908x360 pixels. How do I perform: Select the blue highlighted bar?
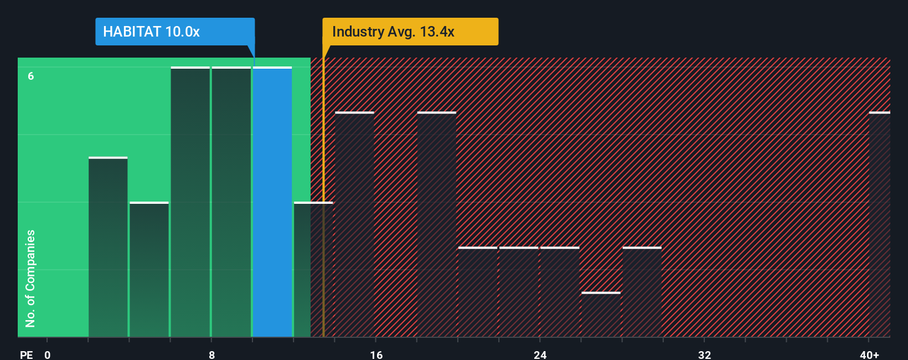[272, 202]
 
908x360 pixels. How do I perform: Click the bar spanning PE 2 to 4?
[108, 248]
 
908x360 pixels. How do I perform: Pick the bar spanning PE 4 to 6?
[149, 270]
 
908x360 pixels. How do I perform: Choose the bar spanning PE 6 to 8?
[190, 202]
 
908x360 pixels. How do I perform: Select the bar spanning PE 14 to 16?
[355, 225]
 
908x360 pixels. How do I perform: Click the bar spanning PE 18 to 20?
[437, 225]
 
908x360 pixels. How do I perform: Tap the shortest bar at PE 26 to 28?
[601, 315]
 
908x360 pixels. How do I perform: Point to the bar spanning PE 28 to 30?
[642, 292]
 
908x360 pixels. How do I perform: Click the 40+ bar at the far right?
[879, 225]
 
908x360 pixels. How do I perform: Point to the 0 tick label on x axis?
[48, 355]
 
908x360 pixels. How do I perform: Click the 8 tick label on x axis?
[211, 355]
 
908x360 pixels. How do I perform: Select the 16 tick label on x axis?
[376, 355]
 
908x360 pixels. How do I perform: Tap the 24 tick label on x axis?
[540, 355]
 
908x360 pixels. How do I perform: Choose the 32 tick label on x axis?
[704, 355]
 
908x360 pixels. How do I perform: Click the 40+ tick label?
[869, 355]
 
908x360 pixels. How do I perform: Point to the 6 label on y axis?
[31, 76]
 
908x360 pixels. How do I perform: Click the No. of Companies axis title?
[30, 279]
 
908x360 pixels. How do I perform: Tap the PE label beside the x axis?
[27, 355]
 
